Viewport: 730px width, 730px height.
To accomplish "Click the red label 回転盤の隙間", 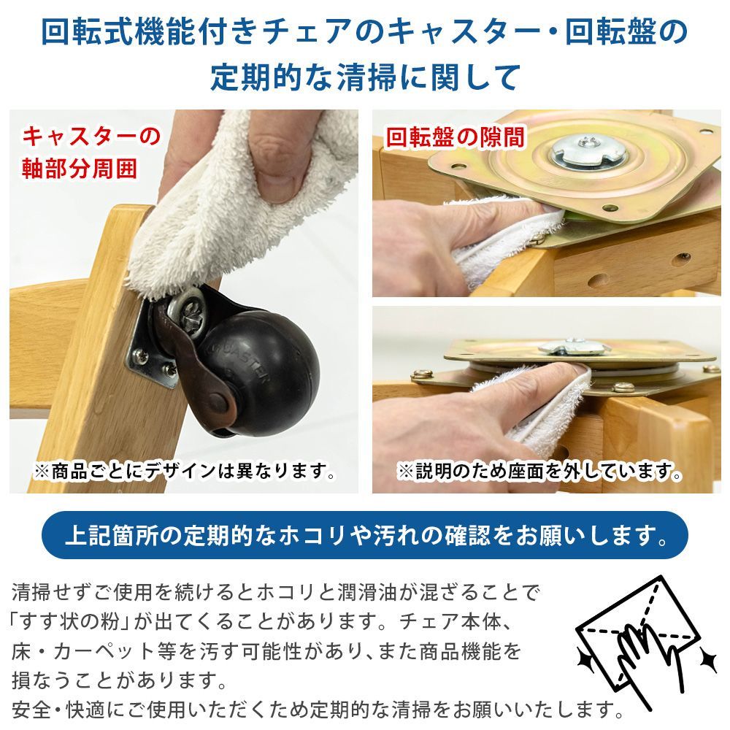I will pyautogui.click(x=455, y=137).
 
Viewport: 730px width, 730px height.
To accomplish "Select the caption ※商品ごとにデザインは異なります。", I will pyautogui.click(x=184, y=472).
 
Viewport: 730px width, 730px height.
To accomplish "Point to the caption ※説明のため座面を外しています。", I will pyautogui.click(x=540, y=472).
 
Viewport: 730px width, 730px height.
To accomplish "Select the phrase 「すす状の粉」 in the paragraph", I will pyautogui.click(x=72, y=622).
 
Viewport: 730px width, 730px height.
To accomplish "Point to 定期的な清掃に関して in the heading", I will pyautogui.click(x=365, y=76).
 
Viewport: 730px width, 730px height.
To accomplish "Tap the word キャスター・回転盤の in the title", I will pyautogui.click(x=537, y=34).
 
